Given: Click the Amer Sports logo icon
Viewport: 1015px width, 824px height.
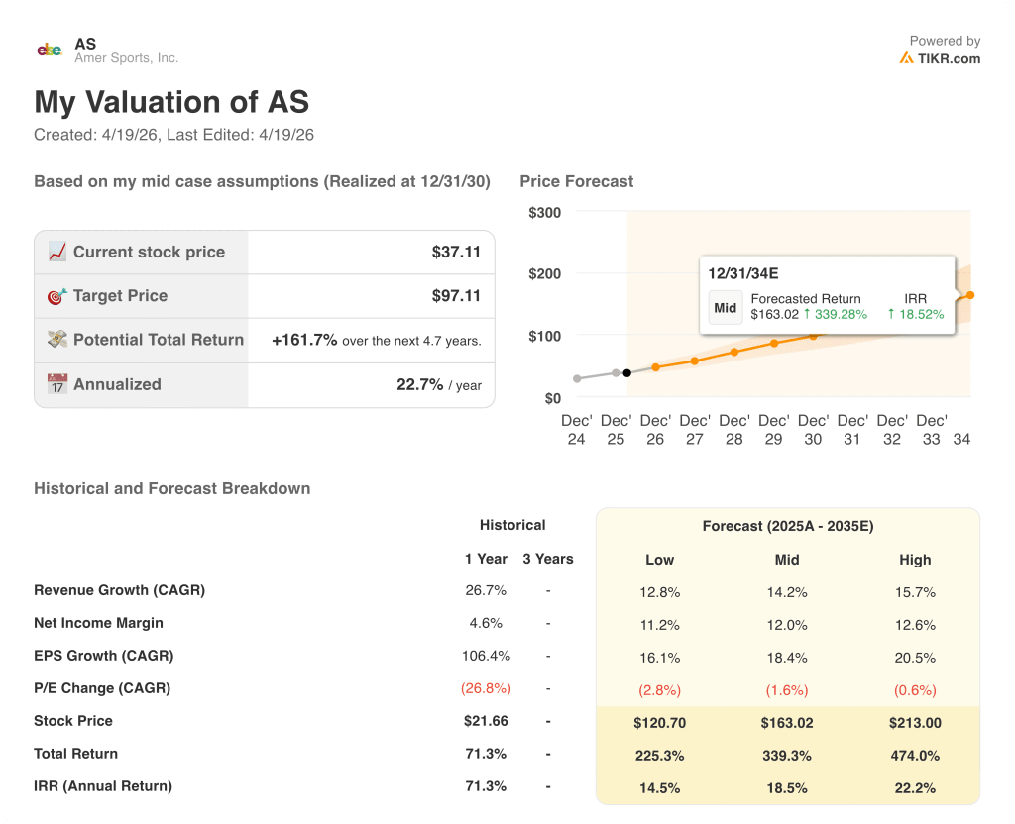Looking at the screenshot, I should [x=50, y=50].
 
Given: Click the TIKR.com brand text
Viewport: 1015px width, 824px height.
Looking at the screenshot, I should [x=949, y=58].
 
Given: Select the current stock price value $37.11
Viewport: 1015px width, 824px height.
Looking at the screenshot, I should [x=456, y=253].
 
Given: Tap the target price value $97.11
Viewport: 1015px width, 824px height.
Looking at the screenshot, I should [x=456, y=296].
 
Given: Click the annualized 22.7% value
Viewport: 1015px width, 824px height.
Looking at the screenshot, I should [x=419, y=384].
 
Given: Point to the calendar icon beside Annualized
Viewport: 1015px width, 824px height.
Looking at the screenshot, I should [x=57, y=384].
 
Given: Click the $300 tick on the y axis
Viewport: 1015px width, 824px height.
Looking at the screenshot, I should [x=544, y=213].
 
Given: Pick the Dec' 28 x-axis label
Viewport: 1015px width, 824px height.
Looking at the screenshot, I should [x=733, y=430].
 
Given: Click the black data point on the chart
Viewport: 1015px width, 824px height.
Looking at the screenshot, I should [x=626, y=373].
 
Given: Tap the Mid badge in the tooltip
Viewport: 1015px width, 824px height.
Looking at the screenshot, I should [x=726, y=308].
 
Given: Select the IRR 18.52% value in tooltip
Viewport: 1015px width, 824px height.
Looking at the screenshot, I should [x=921, y=315].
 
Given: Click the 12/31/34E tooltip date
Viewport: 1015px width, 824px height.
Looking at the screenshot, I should [x=743, y=273].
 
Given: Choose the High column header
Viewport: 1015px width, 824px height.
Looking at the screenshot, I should [x=915, y=560].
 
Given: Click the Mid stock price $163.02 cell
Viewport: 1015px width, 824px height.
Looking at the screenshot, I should [x=787, y=723].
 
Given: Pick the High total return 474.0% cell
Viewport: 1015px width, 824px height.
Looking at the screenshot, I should [x=915, y=755].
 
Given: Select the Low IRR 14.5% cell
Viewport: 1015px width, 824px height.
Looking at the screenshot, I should [x=659, y=787].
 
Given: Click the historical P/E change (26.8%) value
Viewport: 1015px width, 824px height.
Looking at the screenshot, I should [x=485, y=688].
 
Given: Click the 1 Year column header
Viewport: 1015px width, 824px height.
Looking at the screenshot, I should [x=486, y=559].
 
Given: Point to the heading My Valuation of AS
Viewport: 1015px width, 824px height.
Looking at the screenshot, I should [x=171, y=103].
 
